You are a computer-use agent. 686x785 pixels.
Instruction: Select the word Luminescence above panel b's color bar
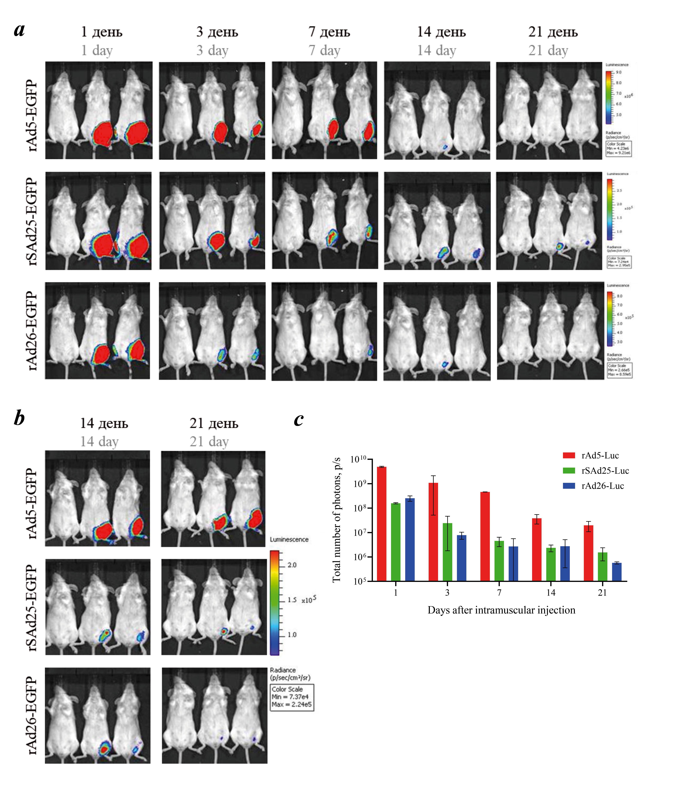tap(289, 539)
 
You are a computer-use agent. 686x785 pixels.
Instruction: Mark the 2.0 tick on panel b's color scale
tap(292, 565)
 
